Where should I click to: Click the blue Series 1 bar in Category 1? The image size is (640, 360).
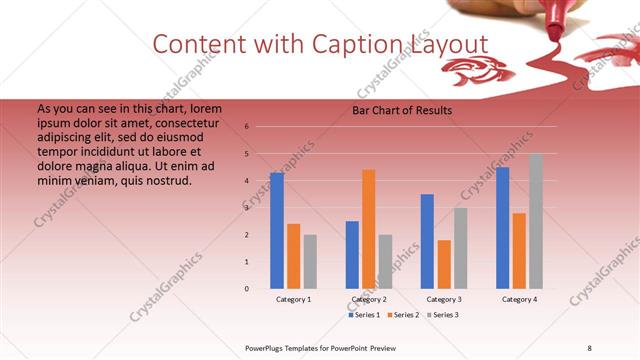click(x=277, y=230)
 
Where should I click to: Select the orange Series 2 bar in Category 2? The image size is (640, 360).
click(x=369, y=229)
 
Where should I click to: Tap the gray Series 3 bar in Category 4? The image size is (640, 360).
click(x=536, y=221)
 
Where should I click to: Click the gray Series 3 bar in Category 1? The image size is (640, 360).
click(x=310, y=261)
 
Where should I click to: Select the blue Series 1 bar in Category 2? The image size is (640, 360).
click(x=352, y=254)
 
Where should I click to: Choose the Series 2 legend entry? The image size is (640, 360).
click(x=402, y=315)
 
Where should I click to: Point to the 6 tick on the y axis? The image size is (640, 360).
click(x=246, y=127)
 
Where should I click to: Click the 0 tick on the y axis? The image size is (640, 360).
click(x=246, y=288)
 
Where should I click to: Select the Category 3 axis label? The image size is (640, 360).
click(x=444, y=299)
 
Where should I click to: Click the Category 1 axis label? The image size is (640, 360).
click(x=293, y=299)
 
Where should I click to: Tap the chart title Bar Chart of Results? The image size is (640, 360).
click(x=401, y=110)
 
